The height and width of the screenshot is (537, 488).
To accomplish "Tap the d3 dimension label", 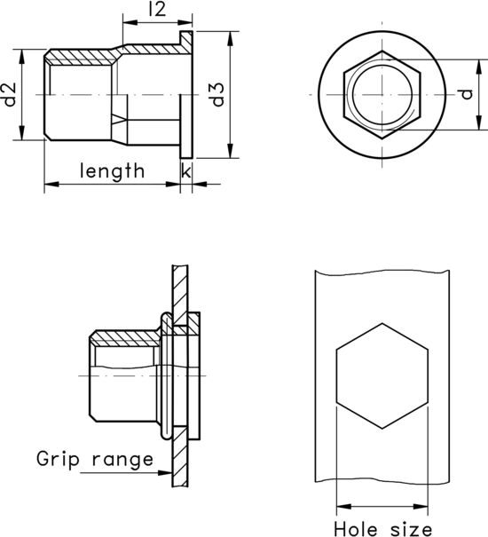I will (x=216, y=94).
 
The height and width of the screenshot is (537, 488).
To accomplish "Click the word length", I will (x=112, y=170).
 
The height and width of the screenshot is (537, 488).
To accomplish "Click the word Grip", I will (x=59, y=459).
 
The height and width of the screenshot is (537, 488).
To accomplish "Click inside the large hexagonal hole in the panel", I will (x=382, y=377).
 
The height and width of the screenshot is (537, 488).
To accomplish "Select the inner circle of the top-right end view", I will (x=382, y=94).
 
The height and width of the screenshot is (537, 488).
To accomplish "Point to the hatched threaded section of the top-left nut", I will (x=80, y=58).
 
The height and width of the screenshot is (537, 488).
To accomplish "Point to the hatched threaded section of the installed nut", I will (x=124, y=338).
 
